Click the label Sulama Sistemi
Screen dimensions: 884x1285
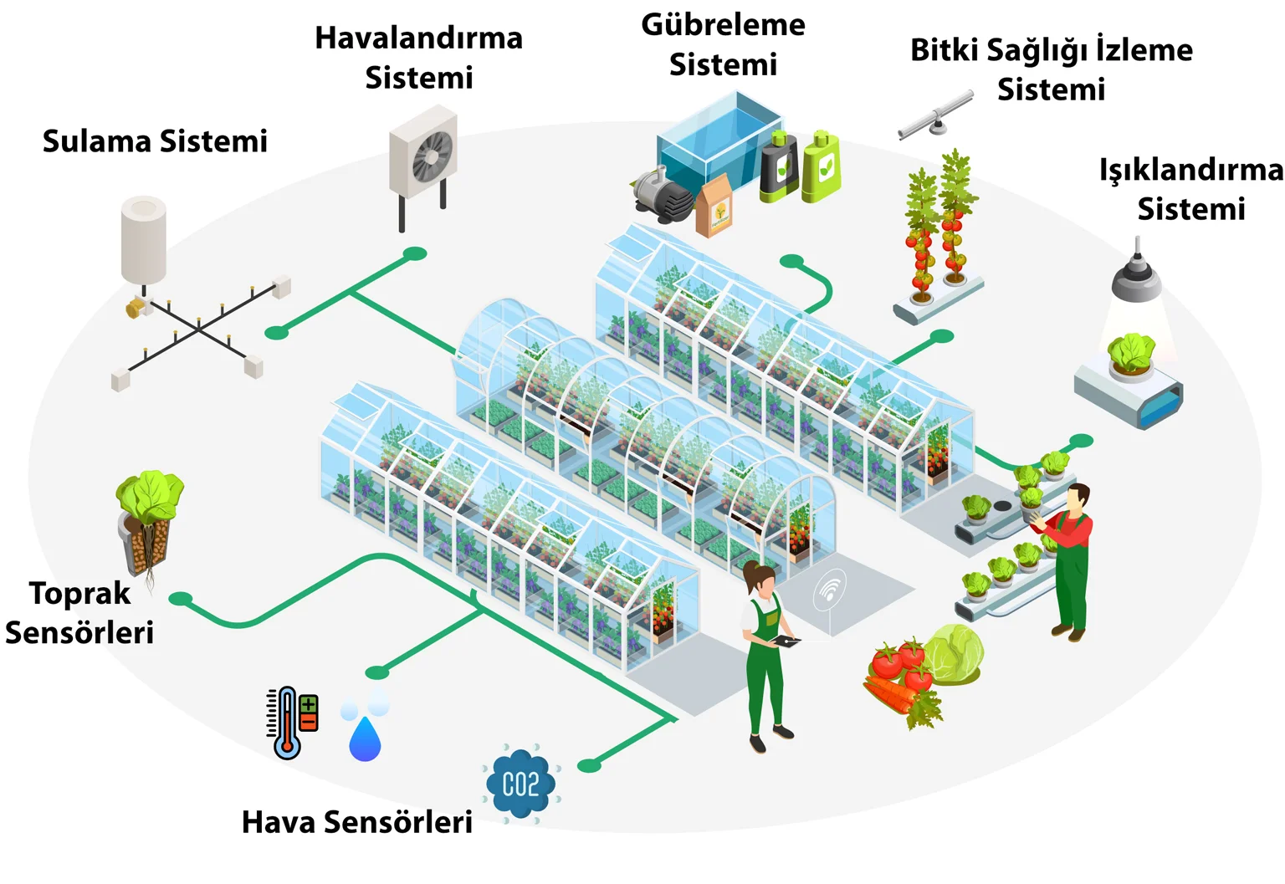155,141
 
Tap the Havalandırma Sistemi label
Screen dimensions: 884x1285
418,58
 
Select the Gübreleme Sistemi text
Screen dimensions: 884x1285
723,44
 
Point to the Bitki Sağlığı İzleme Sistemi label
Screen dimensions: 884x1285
1051,69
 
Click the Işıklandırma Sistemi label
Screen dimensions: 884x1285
1190,189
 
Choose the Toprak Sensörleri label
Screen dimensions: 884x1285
79,612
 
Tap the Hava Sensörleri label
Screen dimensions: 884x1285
356,822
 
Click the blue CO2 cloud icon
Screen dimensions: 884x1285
520,784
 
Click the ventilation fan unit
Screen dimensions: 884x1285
424,154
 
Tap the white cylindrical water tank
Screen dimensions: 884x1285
143,239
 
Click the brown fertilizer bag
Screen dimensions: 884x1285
714,207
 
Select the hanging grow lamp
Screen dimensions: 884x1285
1136,276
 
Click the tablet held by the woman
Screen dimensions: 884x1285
786,641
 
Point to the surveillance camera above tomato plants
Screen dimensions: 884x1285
936,116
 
